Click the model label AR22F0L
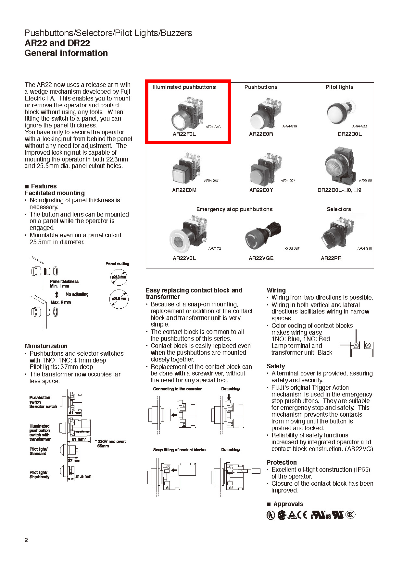(184, 134)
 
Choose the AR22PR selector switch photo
(336, 234)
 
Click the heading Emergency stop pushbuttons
(234, 209)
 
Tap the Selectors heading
(339, 209)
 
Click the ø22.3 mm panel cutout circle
(119, 277)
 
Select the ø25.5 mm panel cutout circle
(119, 299)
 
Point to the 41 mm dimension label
(75, 413)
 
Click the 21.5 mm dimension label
(83, 476)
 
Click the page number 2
(26, 540)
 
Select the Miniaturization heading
(46, 346)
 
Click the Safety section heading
(276, 366)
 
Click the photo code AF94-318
(213, 127)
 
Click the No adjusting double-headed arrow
(57, 294)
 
